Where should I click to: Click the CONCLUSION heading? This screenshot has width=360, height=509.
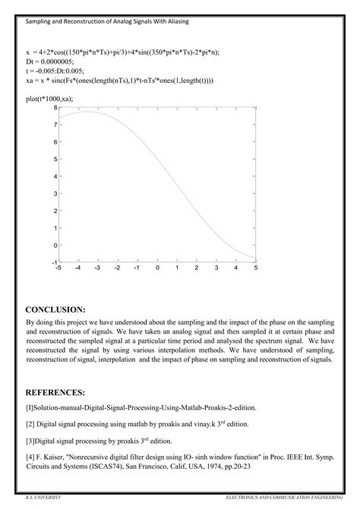(55, 310)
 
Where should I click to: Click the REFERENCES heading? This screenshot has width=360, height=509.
(55, 392)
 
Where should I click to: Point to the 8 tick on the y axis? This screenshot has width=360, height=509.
(55, 108)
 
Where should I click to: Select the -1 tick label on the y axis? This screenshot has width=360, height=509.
(53, 262)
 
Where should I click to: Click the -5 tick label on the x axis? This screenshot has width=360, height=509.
(59, 268)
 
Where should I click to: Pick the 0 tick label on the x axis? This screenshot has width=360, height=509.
(157, 268)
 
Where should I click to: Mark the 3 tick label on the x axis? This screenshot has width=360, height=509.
(216, 268)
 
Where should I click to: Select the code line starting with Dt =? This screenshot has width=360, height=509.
(49, 60)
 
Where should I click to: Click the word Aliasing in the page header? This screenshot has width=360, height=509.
(177, 22)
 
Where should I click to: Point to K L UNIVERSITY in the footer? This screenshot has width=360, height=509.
(43, 495)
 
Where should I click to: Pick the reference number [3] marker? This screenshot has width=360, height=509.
(30, 440)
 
